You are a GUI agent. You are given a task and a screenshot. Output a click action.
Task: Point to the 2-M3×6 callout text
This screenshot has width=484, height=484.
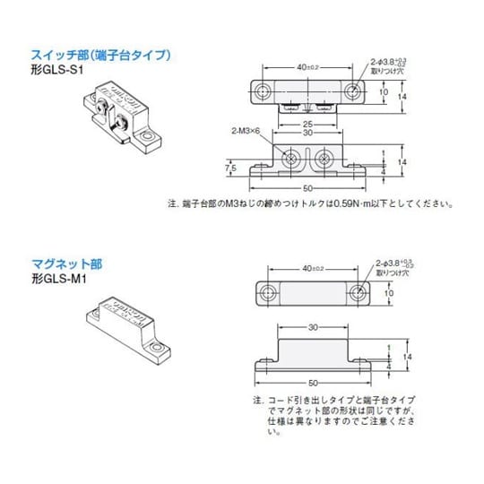point(246,132)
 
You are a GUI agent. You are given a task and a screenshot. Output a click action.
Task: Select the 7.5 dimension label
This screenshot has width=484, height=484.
point(230,167)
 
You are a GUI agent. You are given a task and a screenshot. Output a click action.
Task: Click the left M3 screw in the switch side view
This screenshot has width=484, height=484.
point(292,159)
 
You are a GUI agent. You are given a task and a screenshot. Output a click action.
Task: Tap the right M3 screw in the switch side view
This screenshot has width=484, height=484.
point(325,159)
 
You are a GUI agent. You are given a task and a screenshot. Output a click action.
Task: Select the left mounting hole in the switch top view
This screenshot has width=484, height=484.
point(264,91)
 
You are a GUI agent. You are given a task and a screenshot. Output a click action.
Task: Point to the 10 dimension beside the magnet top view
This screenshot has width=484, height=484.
point(389,292)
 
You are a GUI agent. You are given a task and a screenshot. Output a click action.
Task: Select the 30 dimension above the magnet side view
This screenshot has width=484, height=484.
point(311,328)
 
